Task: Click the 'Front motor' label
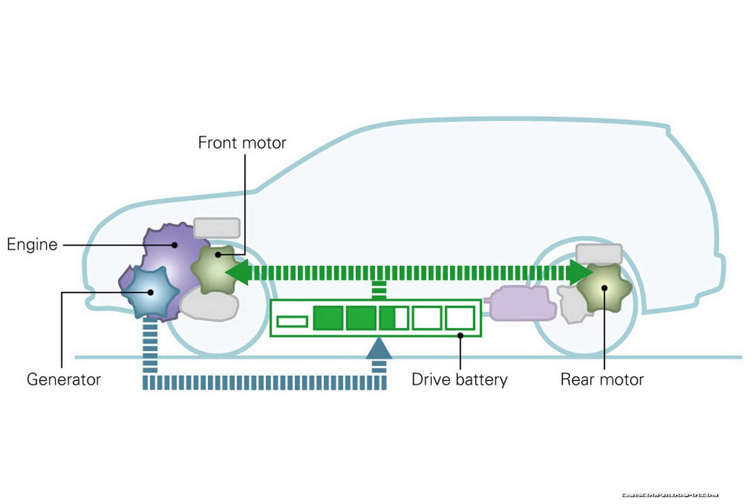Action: point(242,143)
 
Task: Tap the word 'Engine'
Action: point(32,245)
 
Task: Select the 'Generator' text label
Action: point(64,379)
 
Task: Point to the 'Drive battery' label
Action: point(459,379)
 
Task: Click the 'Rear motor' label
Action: point(602,379)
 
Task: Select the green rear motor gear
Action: point(604,288)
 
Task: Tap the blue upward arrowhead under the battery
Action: point(379,349)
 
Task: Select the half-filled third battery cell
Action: point(394,318)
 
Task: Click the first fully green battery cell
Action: point(328,318)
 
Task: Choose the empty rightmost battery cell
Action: point(460,318)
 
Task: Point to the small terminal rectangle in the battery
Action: point(292,322)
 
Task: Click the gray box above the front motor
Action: point(217,228)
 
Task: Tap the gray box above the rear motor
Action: point(599,254)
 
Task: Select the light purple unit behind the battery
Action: point(522,303)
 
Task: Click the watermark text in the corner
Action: point(670,495)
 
